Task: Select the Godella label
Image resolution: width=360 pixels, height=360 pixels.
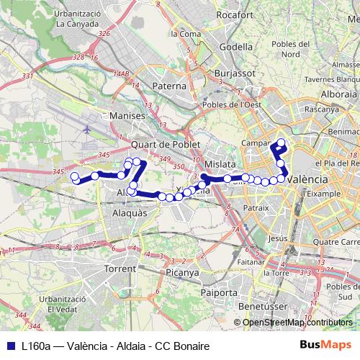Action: click(235, 47)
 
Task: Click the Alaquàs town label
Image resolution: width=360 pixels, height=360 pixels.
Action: click(131, 214)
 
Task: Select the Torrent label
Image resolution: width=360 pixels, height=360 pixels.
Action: click(120, 268)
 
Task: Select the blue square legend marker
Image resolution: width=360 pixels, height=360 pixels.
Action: click(9, 346)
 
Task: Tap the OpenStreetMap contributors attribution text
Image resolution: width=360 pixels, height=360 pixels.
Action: click(297, 323)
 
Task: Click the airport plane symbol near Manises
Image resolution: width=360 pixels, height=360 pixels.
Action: click(88, 131)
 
